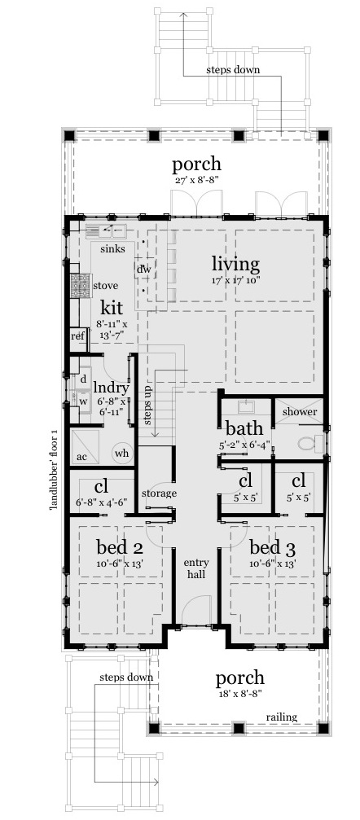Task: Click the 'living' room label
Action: [235, 265]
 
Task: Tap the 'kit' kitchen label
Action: [111, 307]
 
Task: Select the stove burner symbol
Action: [81, 286]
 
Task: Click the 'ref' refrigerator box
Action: [78, 335]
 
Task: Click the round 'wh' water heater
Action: [122, 453]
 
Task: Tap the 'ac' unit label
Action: [82, 457]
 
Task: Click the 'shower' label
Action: [299, 411]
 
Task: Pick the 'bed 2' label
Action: [120, 547]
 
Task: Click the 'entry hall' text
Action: [197, 568]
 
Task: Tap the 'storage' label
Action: [159, 493]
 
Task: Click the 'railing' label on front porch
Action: [282, 717]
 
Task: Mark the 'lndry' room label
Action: [111, 388]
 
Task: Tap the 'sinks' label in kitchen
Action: [112, 249]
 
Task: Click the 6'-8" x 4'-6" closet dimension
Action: [102, 502]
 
